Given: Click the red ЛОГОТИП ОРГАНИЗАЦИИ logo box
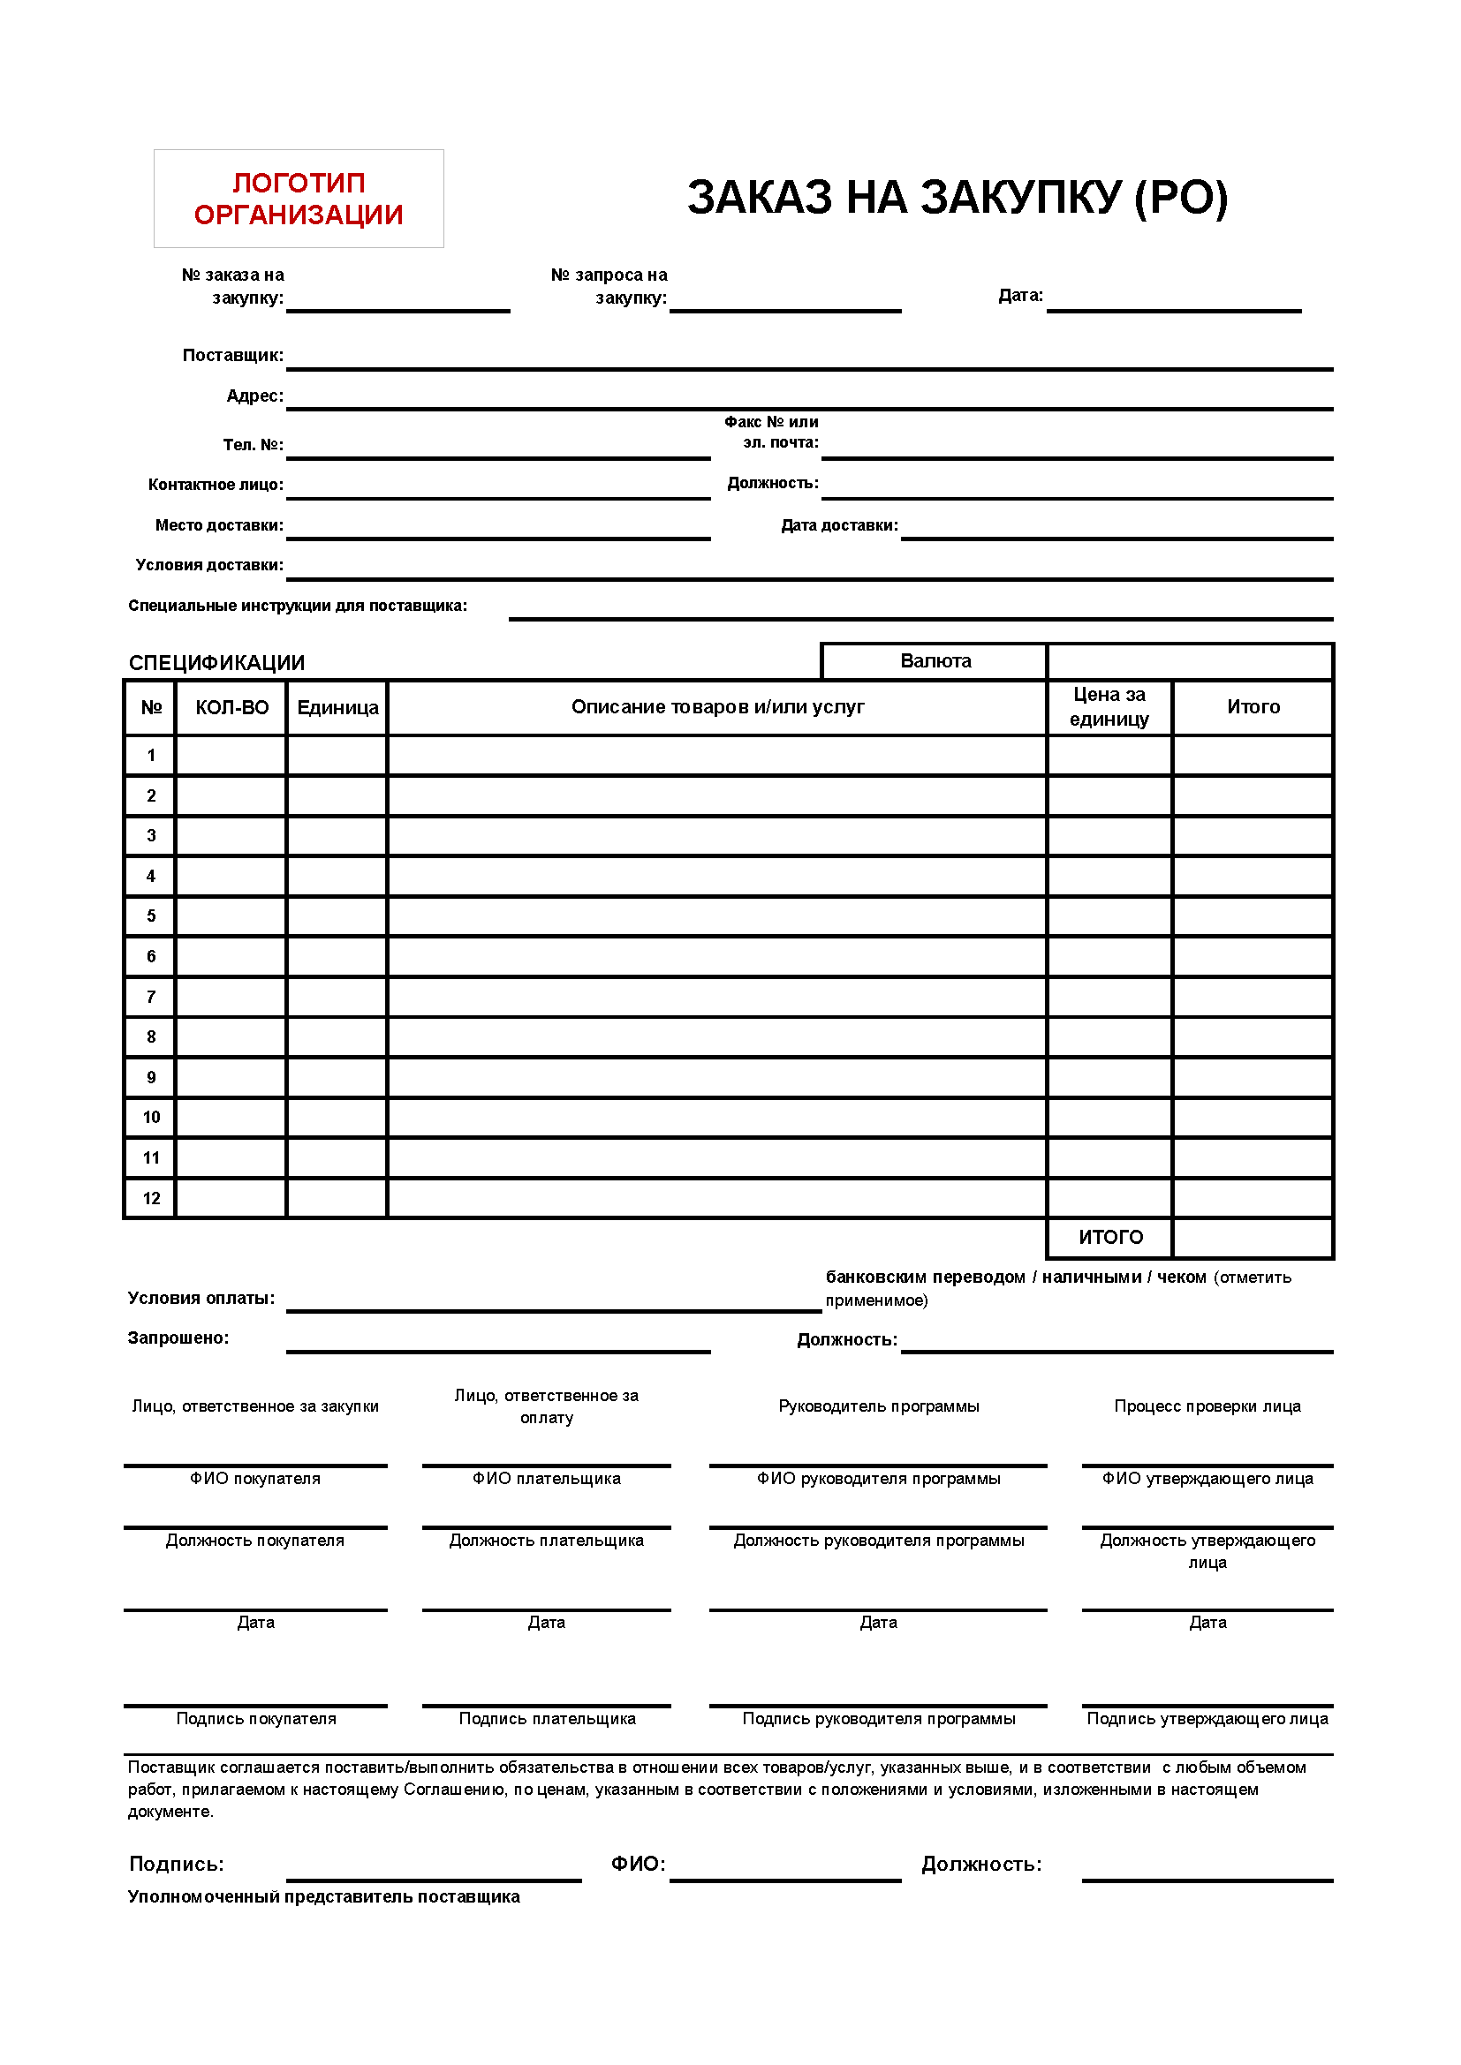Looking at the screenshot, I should coord(299,199).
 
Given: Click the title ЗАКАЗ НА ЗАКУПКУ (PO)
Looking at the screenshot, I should coord(958,198).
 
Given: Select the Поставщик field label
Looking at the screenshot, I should coord(233,355).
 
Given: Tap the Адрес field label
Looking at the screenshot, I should coord(254,396).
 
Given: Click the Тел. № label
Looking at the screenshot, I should coord(253,445).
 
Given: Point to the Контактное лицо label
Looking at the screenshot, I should coord(216,485).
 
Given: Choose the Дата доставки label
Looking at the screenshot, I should coord(839,525).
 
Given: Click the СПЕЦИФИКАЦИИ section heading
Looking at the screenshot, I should coord(216,663).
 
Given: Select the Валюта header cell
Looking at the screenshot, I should coord(935,661).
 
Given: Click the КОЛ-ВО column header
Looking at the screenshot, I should coord(232,708).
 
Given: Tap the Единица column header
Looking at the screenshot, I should coord(337,708).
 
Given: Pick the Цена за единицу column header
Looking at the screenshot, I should coord(1109,707).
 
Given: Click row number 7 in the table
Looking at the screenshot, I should coord(151,997).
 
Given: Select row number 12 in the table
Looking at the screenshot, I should coord(151,1198).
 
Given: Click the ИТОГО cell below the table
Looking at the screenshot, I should coord(1110,1238).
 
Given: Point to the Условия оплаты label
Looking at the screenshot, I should coord(201,1298).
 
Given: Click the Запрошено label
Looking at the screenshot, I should coord(178,1338).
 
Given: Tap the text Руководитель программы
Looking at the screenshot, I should coord(878,1406).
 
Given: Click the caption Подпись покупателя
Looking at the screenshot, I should coord(255,1719).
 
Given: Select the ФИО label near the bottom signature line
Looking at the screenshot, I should coord(638,1864).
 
